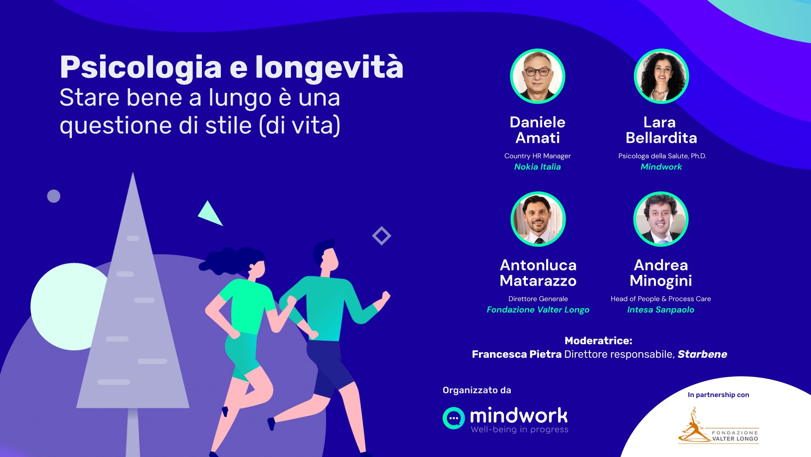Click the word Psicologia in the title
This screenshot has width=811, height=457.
(141, 68)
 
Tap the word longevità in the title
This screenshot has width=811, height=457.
(329, 68)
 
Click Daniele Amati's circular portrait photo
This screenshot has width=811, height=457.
(537, 76)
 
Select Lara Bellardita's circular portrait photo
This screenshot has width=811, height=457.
(661, 76)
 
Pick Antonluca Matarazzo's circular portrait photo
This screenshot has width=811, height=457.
(538, 219)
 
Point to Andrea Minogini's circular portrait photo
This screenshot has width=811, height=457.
(661, 219)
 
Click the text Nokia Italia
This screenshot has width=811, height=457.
(537, 167)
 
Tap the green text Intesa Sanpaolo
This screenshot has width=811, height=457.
(661, 310)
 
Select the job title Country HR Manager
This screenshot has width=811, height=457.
(537, 156)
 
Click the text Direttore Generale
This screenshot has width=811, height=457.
(538, 299)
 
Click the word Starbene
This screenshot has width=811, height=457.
(702, 354)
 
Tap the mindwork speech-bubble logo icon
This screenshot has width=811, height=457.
(454, 418)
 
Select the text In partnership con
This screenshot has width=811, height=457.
(718, 395)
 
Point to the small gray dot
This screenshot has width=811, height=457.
(54, 196)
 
